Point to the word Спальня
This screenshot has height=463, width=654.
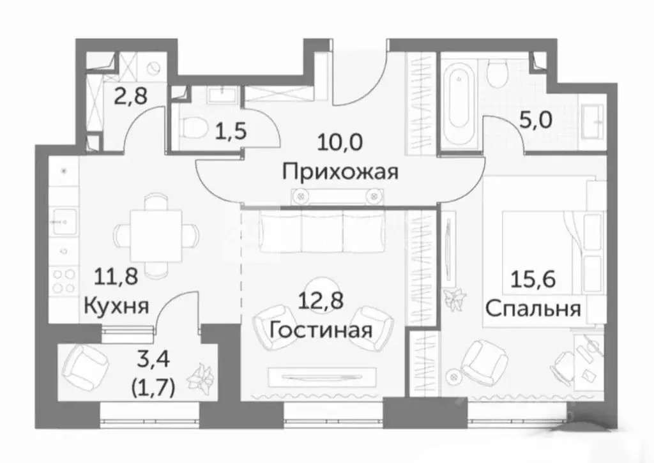click(x=533, y=309)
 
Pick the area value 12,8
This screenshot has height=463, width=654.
click(x=321, y=299)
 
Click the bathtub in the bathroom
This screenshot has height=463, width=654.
click(x=456, y=104)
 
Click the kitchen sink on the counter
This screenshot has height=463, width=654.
click(x=63, y=221)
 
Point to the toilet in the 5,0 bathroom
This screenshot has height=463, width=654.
click(x=496, y=75)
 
